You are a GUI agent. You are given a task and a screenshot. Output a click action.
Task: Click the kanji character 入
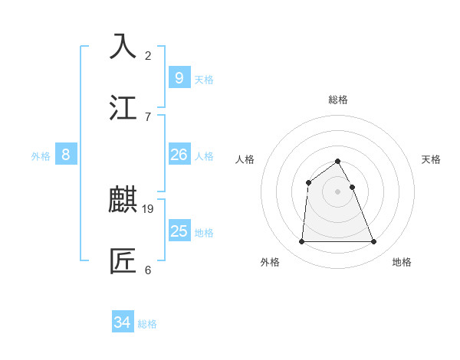[x=123, y=46]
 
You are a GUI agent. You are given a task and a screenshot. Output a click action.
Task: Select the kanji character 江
[x=123, y=107]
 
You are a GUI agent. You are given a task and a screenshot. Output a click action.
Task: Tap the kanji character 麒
[x=123, y=200]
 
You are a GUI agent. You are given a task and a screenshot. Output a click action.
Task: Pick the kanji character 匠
[x=123, y=260]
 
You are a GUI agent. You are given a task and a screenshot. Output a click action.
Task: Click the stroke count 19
[x=148, y=208]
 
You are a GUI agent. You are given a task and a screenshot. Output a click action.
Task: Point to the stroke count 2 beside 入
[x=148, y=55]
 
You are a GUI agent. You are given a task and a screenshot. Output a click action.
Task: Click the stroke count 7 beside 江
[x=148, y=116]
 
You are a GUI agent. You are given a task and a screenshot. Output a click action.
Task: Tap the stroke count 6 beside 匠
[x=148, y=270]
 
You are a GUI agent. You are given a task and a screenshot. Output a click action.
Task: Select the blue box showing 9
[x=179, y=77]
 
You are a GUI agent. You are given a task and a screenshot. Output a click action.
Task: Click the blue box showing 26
[x=179, y=155]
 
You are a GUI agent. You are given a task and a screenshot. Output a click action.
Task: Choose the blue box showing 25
[x=179, y=231]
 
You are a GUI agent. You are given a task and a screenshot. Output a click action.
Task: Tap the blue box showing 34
[x=122, y=322]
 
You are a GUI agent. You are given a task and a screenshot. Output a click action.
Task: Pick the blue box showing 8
[x=65, y=155]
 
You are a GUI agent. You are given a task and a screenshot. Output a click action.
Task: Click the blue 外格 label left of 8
[x=41, y=156]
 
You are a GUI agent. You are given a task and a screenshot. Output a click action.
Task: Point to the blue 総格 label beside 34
[x=147, y=324]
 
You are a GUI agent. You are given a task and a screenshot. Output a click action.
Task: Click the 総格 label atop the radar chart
[x=338, y=100]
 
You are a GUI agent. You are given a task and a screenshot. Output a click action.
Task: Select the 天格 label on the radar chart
[x=431, y=159]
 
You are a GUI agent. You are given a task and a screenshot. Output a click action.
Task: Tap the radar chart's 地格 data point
[x=373, y=242]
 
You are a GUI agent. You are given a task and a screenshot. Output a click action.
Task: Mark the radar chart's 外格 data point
[x=301, y=242]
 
